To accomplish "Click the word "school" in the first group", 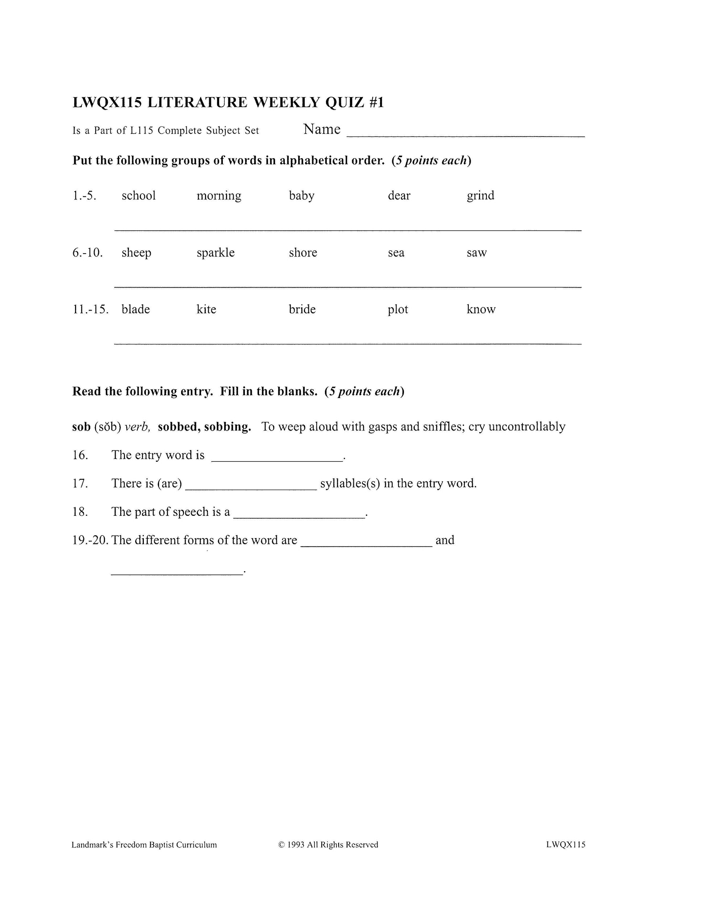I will [138, 196].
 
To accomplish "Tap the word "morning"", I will [219, 196].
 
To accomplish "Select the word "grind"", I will [480, 196].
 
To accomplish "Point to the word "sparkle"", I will [216, 253].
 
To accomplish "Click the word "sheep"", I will [136, 253].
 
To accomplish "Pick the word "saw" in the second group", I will [476, 253].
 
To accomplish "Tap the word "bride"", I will [302, 309].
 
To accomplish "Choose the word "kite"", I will [207, 309].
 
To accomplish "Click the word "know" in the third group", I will [481, 309].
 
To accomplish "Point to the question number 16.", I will [80, 455].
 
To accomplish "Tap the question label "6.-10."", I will [88, 253].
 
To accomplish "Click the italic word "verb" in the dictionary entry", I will [137, 427].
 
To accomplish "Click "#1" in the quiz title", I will [376, 102].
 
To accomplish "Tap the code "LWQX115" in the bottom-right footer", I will [566, 845].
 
